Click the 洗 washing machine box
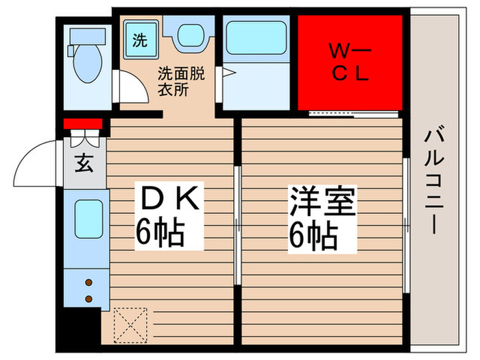pos(139,40)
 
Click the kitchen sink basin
pos(88,219)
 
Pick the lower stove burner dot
pos(88,298)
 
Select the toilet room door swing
pos(125,86)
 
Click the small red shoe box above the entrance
pos(83,124)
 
